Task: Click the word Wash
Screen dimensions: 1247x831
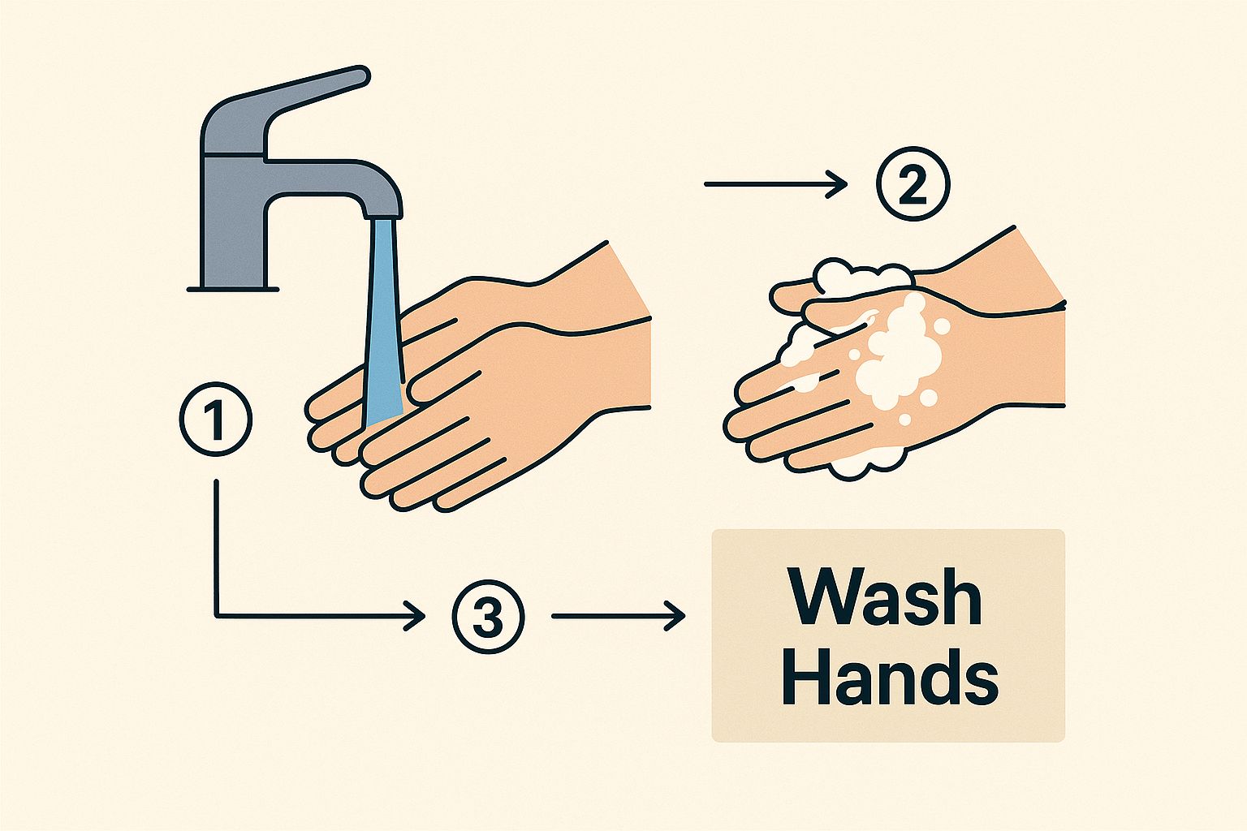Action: [x=887, y=597]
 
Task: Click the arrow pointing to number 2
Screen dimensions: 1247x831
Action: [x=775, y=183]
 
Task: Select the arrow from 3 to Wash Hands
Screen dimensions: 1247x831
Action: [x=618, y=616]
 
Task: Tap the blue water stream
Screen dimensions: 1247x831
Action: [x=383, y=323]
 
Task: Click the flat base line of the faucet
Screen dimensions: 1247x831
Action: [x=233, y=290]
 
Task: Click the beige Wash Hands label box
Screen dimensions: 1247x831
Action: [x=888, y=635]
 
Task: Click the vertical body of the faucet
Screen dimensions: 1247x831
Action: [x=234, y=222]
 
